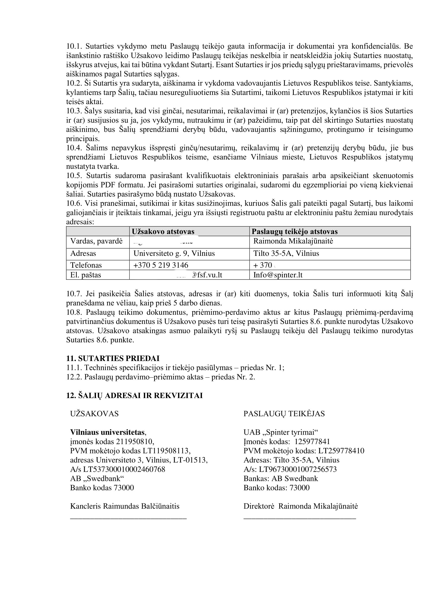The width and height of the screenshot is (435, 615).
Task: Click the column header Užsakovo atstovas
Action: pyautogui.click(x=163, y=231)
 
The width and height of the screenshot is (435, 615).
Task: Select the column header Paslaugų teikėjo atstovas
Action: pyautogui.click(x=295, y=231)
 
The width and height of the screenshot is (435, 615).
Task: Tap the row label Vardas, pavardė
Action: pyautogui.click(x=97, y=241)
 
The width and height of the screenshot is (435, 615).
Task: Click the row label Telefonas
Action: pyautogui.click(x=86, y=265)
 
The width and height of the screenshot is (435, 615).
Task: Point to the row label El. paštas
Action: pyautogui.click(x=85, y=275)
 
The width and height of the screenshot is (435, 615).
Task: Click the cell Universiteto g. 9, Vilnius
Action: pyautogui.click(x=174, y=253)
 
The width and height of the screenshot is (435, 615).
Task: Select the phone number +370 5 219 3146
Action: pyautogui.click(x=161, y=265)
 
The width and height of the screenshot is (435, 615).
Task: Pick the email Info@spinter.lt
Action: pyautogui.click(x=278, y=275)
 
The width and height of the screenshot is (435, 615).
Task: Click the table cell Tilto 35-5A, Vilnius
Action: pyautogui.click(x=286, y=253)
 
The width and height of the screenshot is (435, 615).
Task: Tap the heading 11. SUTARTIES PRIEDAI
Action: pyautogui.click(x=113, y=358)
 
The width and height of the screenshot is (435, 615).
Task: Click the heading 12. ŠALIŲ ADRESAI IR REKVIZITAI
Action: pyautogui.click(x=134, y=396)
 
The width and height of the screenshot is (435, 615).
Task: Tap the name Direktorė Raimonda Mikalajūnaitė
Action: pyautogui.click(x=301, y=506)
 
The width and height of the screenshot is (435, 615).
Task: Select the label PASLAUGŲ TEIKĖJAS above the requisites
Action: pyautogui.click(x=284, y=414)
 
